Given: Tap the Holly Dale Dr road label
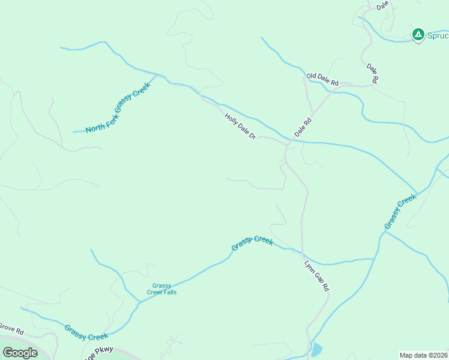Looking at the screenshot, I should point(240,127).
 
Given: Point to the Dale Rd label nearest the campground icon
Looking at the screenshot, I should point(373,71).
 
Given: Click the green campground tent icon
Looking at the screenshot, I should point(418,35).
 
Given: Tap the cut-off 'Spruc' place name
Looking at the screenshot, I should point(437,35).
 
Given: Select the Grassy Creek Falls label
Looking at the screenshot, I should point(162,289).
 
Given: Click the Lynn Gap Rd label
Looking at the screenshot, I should point(316,276).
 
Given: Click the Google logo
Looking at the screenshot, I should point(20,352).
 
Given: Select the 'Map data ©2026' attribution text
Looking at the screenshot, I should point(423,355).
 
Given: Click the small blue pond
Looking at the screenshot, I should point(316,349).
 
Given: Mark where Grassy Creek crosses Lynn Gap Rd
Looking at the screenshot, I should point(303,253).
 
